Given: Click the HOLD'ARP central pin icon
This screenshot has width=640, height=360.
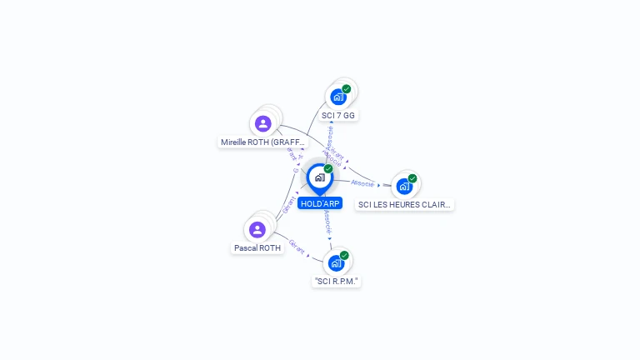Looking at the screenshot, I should pos(319,177).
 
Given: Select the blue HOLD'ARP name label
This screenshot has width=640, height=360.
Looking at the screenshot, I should pos(320,203).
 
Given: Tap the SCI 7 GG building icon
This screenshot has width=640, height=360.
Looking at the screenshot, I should pos(338,97).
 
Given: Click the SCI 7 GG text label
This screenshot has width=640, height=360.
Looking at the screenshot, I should pos(338,115).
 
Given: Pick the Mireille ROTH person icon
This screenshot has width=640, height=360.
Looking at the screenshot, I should pos(263,123).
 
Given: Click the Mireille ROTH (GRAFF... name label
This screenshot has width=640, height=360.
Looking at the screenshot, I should pos(258,142).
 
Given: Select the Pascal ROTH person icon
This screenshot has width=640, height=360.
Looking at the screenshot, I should pos(257,229).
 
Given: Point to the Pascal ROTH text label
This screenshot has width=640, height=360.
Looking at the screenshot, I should pos(257,248).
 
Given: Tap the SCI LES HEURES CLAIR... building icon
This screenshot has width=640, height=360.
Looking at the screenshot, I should pos(404,186).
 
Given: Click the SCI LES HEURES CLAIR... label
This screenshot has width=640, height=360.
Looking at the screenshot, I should pos(404,204).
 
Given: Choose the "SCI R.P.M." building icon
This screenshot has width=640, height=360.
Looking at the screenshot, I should pos(336,263).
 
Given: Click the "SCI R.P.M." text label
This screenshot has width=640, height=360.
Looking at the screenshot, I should pos(337,282).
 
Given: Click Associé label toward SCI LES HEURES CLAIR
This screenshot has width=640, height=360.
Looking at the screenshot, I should pos(362,182).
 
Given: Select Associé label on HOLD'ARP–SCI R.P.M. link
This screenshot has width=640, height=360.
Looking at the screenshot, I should pos(327,222).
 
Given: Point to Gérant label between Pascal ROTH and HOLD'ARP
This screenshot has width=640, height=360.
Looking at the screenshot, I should pos(287,205).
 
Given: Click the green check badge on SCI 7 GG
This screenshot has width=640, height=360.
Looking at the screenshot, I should pos(347,89).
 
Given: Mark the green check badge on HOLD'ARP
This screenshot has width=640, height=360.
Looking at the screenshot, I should pos(328,169).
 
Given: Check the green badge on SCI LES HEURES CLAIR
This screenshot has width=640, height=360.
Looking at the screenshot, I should pos(412,178).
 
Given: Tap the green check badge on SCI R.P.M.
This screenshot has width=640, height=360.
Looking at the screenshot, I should pos(344,256).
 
